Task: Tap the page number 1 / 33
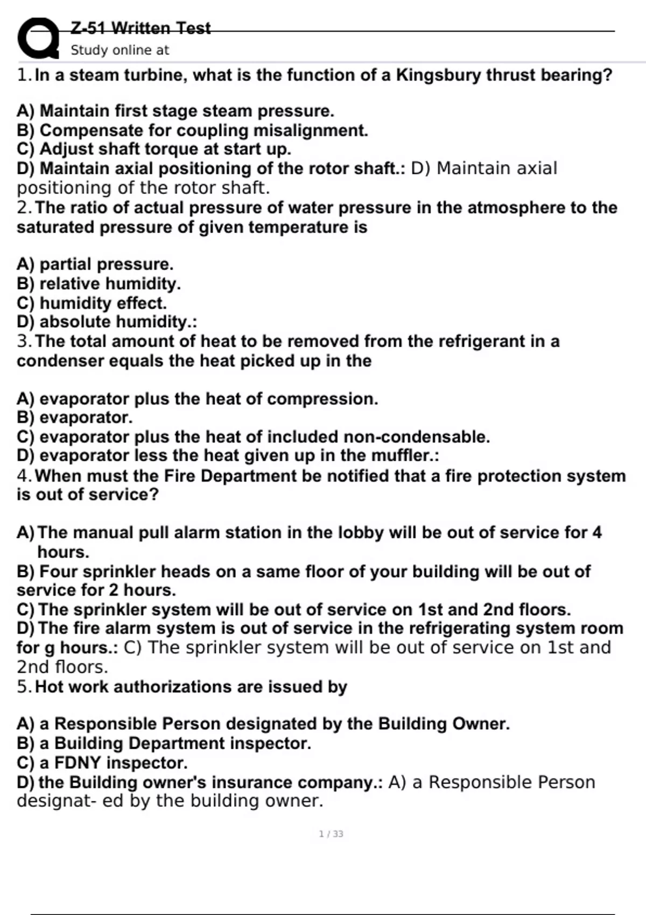[331, 834]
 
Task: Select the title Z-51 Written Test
[141, 28]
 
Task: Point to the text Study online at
[120, 50]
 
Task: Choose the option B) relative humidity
[99, 284]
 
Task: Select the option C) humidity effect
[92, 303]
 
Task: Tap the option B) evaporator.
[74, 417]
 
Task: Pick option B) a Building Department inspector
[164, 743]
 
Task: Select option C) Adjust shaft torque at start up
[153, 149]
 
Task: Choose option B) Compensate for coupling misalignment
[192, 130]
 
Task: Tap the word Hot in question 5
[50, 687]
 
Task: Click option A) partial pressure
[95, 264]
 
